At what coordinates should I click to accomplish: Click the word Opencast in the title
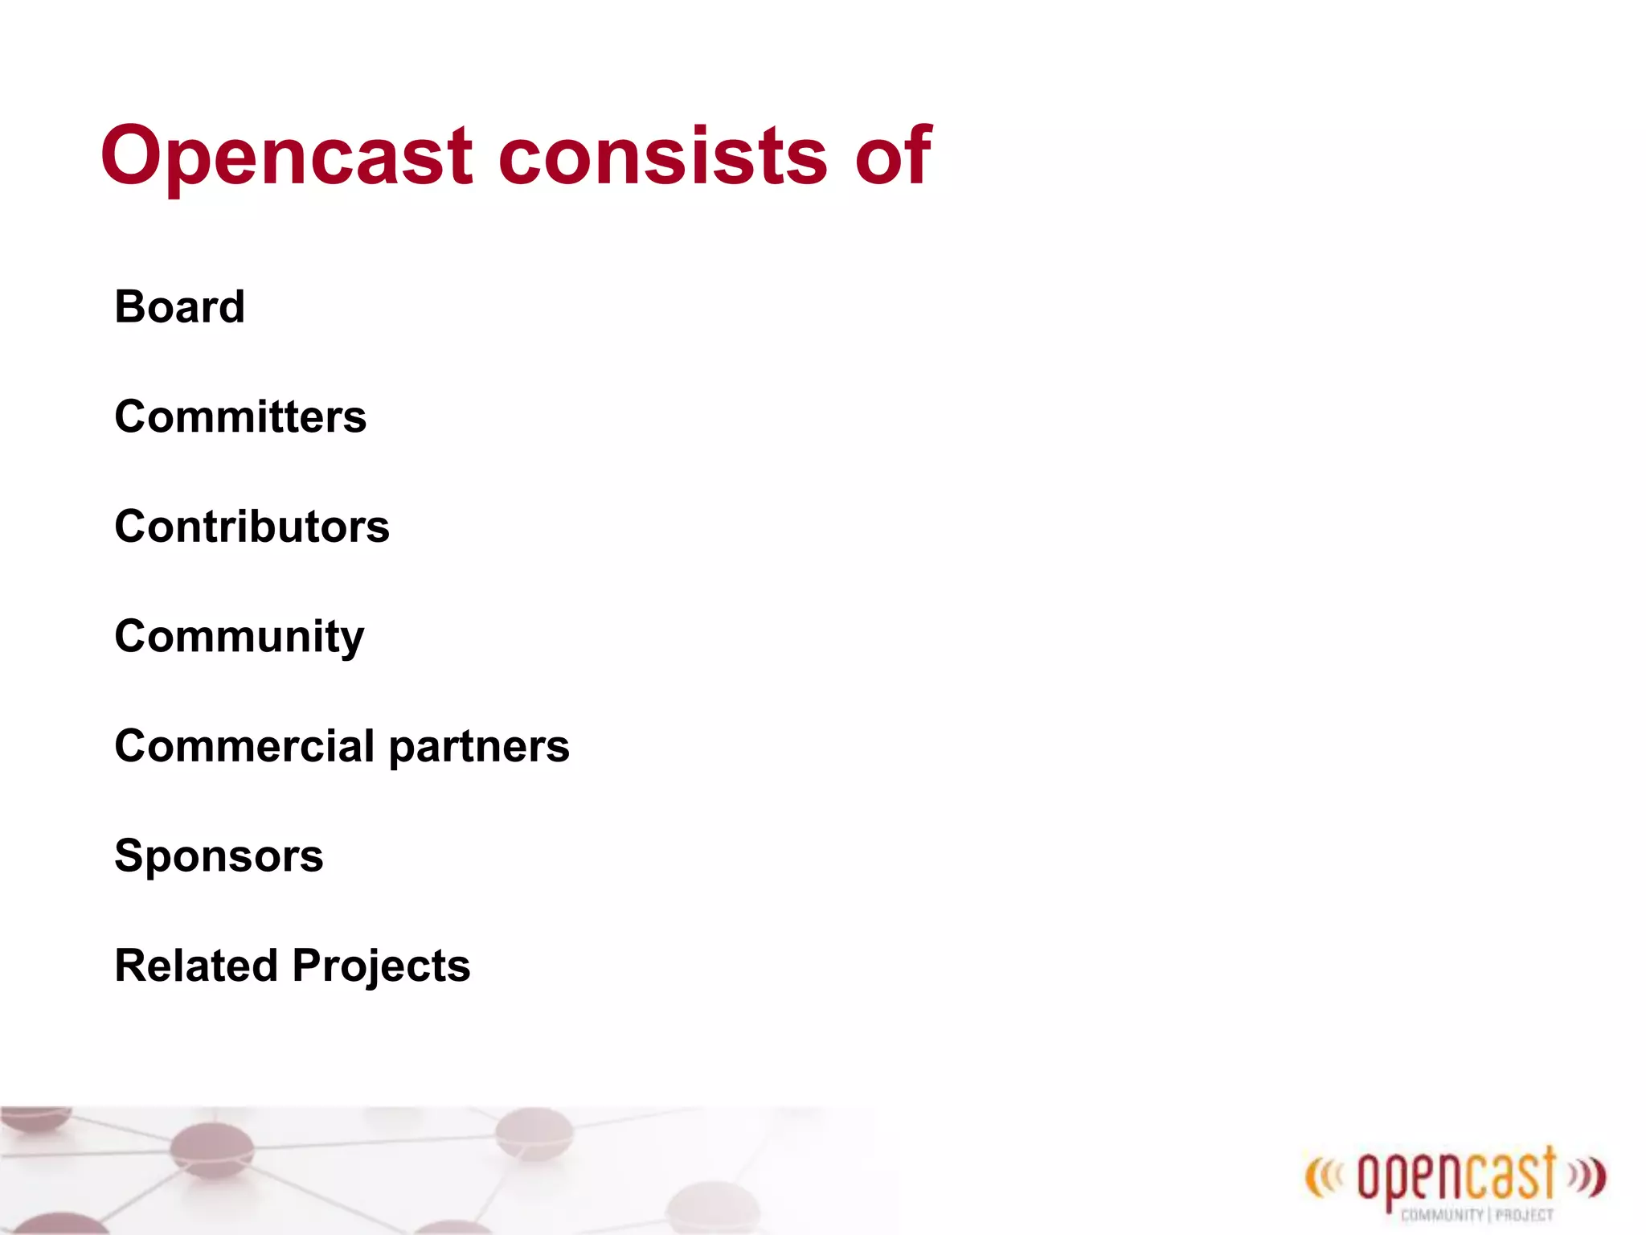[285, 157]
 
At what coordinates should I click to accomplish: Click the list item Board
[179, 307]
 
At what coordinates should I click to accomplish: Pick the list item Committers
[240, 416]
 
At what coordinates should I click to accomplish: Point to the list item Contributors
[252, 527]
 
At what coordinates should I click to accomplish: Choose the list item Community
[239, 637]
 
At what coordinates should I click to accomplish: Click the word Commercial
[244, 746]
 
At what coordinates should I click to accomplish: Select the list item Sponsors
[219, 855]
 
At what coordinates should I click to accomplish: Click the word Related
[196, 966]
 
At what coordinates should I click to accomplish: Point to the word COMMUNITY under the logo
[1442, 1215]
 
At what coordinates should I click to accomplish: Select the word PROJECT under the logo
[1524, 1215]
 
